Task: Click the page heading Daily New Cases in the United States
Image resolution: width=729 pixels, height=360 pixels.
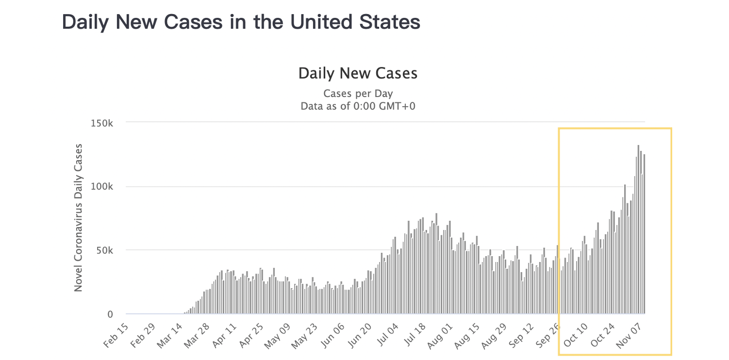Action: pyautogui.click(x=241, y=22)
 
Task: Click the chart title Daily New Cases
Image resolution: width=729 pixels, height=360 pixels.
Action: pyautogui.click(x=358, y=73)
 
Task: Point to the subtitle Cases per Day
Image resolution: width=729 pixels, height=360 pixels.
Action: pyautogui.click(x=358, y=94)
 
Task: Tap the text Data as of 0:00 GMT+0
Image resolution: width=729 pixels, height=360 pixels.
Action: pyautogui.click(x=358, y=106)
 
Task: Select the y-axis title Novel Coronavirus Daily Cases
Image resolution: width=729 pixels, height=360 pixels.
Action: pyautogui.click(x=78, y=217)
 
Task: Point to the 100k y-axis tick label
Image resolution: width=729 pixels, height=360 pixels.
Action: pyautogui.click(x=103, y=187)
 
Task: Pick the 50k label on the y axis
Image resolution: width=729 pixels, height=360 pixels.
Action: pyautogui.click(x=105, y=250)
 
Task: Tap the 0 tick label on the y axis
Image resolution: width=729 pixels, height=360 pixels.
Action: pyautogui.click(x=110, y=314)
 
